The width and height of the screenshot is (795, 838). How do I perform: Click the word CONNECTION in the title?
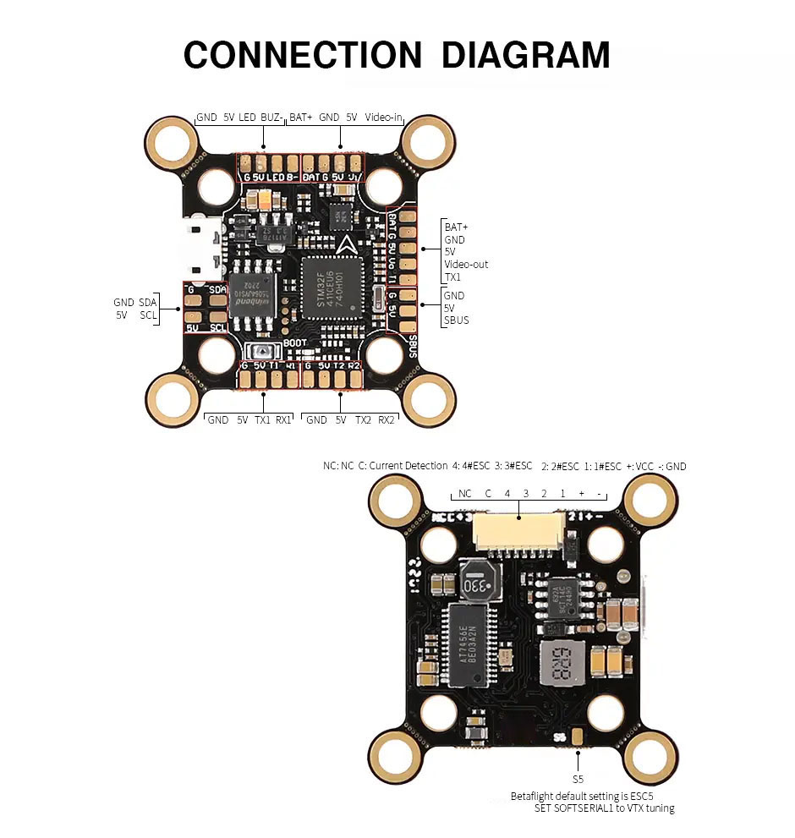[302, 55]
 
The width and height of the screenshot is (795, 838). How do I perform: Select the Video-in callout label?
[383, 117]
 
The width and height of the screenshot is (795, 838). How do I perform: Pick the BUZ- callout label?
[271, 117]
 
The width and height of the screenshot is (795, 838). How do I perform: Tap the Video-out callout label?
[466, 265]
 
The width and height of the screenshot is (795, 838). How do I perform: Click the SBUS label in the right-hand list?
[456, 320]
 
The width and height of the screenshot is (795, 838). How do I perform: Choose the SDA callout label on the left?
[148, 302]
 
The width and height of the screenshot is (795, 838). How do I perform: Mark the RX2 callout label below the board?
[387, 419]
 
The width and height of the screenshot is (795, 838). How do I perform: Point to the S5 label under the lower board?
[578, 779]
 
